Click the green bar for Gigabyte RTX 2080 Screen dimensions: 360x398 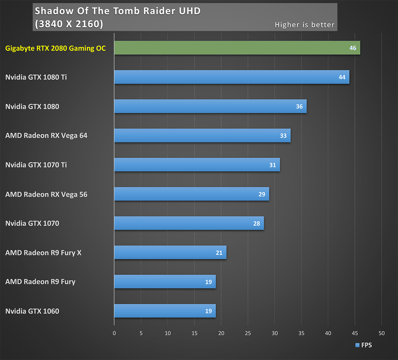[237, 48]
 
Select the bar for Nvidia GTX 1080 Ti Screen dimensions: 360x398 [232, 77]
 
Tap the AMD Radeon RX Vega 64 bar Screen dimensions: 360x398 [202, 135]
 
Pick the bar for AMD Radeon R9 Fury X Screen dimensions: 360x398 [170, 252]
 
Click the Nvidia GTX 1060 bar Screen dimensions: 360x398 [165, 311]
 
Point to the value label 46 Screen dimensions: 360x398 [353, 48]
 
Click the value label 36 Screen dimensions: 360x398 [299, 107]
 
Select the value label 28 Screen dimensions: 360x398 [256, 223]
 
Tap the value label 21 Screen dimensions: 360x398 [219, 253]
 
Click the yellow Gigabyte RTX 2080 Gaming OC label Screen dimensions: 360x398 [55, 48]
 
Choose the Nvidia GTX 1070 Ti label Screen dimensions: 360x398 [36, 165]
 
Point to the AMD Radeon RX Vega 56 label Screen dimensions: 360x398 [46, 194]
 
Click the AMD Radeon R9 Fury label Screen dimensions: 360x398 [40, 282]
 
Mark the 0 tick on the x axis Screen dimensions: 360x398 [114, 333]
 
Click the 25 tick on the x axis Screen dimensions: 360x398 [248, 333]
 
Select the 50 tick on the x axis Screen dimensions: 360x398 [381, 333]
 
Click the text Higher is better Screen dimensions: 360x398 [304, 25]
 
